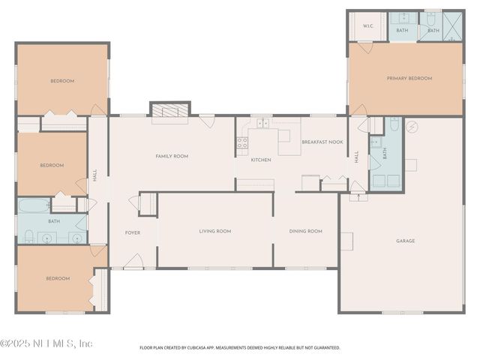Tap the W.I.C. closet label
tap(368, 26)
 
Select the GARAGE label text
tap(406, 241)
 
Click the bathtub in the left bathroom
tap(34, 205)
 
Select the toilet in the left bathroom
tap(28, 237)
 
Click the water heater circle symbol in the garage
tap(411, 127)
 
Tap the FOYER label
tap(132, 232)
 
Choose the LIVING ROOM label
tap(214, 231)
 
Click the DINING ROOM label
tap(305, 231)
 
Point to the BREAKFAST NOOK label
tap(322, 142)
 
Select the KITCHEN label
tap(260, 160)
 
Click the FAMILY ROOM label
tap(172, 156)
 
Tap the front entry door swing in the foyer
tap(133, 260)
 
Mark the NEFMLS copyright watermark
tap(46, 343)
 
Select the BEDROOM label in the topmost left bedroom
tap(62, 81)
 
